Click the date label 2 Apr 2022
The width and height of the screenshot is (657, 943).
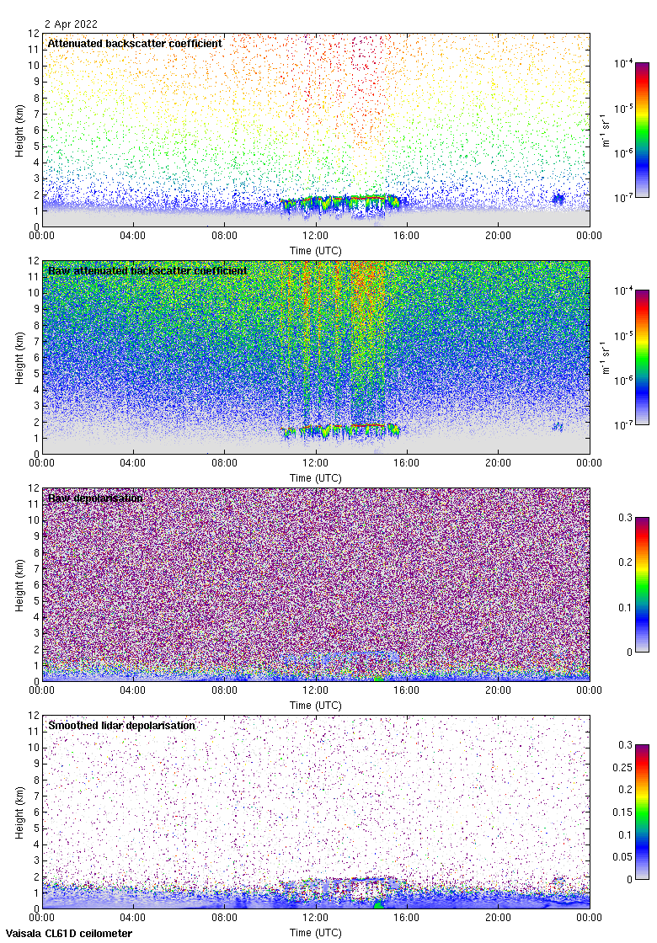pos(72,24)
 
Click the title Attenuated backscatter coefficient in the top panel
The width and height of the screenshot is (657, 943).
pos(135,43)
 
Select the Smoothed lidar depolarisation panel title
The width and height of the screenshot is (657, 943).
pos(121,725)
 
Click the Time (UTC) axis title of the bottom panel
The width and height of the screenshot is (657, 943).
pos(315,933)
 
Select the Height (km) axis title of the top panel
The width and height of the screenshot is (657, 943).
pos(19,130)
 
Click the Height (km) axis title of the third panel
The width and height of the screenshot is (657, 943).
pos(19,584)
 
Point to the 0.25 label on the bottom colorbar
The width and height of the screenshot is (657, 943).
pos(626,767)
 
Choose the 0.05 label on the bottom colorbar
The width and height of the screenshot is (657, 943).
pos(626,857)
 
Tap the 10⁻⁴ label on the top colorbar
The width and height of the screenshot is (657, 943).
pos(624,63)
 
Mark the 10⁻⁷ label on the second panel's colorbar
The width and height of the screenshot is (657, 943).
pos(624,425)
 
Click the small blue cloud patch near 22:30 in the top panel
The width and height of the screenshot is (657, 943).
pos(558,199)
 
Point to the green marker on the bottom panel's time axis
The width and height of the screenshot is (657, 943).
pos(377,905)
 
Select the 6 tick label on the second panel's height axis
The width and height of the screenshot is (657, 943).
pos(35,357)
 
